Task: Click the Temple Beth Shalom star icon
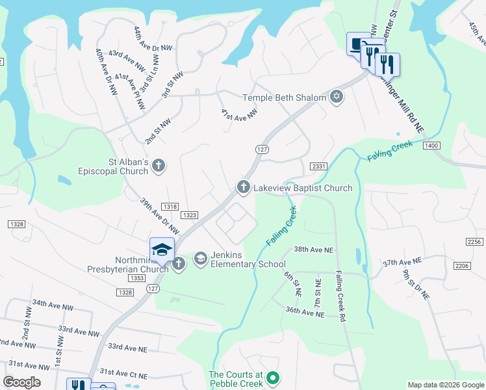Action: (x=336, y=97)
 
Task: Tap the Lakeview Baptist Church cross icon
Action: (x=244, y=188)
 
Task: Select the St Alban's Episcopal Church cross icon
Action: (x=158, y=166)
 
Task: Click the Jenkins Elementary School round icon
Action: (x=200, y=259)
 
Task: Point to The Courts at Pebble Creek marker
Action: (x=274, y=378)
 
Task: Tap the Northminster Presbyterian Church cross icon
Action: (x=179, y=263)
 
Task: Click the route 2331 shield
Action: (x=318, y=166)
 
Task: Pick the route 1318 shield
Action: (x=170, y=207)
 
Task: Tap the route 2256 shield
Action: (x=475, y=242)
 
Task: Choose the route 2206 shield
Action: (x=462, y=266)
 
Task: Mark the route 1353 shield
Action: (x=136, y=278)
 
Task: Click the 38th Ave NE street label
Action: (x=313, y=250)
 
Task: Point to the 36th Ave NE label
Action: (x=304, y=313)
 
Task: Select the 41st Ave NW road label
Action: (x=239, y=115)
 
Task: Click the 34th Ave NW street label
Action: (x=53, y=304)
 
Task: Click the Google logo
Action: (x=21, y=382)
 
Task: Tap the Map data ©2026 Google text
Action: (x=445, y=385)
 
